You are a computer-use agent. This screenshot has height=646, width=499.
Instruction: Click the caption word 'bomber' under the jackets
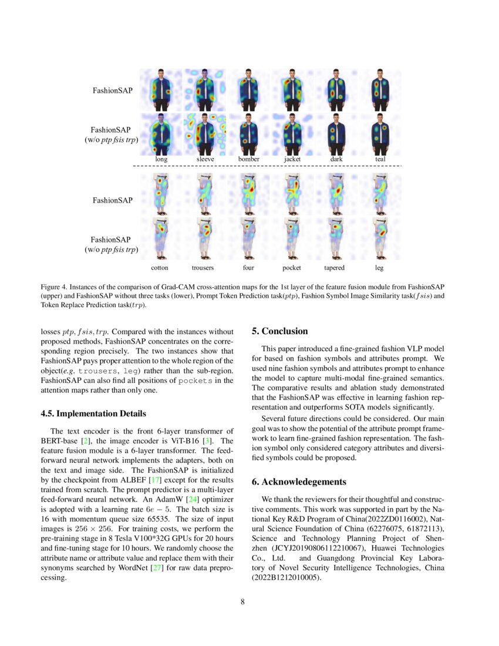click(249, 159)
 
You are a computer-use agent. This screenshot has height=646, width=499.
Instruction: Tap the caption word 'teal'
click(380, 159)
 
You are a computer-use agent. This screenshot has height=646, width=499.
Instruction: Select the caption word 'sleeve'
click(205, 159)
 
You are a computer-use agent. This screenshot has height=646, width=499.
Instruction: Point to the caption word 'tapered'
click(334, 267)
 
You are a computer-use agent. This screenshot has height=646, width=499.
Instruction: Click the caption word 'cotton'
click(160, 267)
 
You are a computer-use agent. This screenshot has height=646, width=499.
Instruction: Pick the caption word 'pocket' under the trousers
click(292, 267)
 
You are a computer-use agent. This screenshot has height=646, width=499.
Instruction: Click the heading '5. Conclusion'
click(279, 331)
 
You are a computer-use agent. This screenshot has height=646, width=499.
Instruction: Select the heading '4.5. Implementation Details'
click(93, 413)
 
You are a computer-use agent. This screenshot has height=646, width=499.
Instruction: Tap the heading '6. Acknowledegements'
click(299, 482)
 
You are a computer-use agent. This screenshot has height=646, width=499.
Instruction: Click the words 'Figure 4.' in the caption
click(53, 287)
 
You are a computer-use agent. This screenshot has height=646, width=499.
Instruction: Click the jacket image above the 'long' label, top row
click(160, 90)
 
